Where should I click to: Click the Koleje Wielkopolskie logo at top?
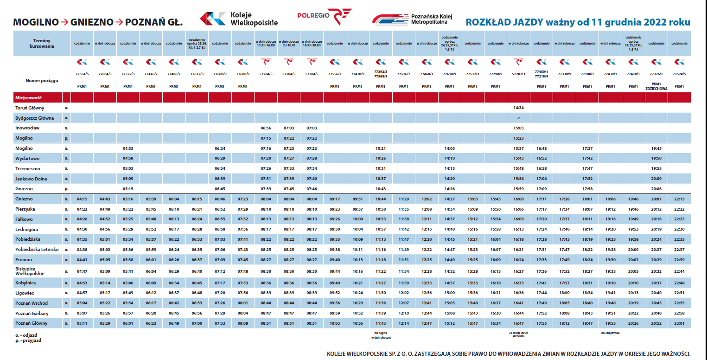click(239, 19)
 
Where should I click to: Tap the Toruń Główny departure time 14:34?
click(518, 107)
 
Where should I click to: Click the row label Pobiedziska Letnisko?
click(37, 249)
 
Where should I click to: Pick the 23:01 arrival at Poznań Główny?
click(679, 323)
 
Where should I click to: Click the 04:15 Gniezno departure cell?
click(82, 199)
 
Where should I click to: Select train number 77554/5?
click(82, 73)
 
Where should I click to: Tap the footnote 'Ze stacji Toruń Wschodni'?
click(518, 334)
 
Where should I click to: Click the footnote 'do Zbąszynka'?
click(610, 333)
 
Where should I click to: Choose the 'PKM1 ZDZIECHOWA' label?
click(656, 86)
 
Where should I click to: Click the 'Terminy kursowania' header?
click(42, 44)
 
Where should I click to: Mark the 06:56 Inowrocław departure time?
click(266, 128)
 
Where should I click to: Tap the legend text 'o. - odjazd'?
click(26, 334)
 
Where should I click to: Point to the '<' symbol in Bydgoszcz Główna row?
click(518, 117)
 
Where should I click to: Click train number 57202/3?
click(518, 73)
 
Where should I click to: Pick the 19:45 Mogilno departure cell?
click(656, 148)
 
